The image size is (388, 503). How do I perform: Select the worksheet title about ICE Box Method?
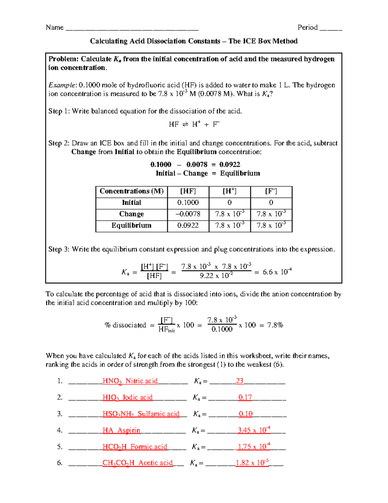pyautogui.click(x=194, y=41)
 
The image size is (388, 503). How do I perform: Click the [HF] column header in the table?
pyautogui.click(x=188, y=191)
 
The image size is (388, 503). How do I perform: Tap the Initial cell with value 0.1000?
pyautogui.click(x=188, y=203)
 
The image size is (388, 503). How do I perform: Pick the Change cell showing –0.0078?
pyautogui.click(x=188, y=214)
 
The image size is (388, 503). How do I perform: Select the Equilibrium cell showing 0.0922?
pyautogui.click(x=188, y=225)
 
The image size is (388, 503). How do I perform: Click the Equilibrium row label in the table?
pyautogui.click(x=131, y=225)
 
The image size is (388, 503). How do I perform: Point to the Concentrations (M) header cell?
pyautogui.click(x=131, y=191)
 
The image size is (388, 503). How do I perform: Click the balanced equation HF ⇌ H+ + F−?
pyautogui.click(x=194, y=124)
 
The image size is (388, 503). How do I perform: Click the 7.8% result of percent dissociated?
pyautogui.click(x=275, y=325)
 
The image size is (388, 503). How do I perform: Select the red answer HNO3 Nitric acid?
pyautogui.click(x=130, y=381)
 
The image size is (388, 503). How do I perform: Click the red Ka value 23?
pyautogui.click(x=240, y=381)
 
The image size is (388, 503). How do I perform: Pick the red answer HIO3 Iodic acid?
pyautogui.click(x=127, y=398)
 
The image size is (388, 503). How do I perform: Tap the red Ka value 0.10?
pyautogui.click(x=246, y=414)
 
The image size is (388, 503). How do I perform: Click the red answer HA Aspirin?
pyautogui.click(x=121, y=430)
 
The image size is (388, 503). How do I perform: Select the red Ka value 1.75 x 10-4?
pyautogui.click(x=254, y=447)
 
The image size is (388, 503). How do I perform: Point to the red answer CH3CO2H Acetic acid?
pyautogui.click(x=137, y=463)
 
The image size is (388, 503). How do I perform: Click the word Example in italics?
pyautogui.click(x=62, y=85)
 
